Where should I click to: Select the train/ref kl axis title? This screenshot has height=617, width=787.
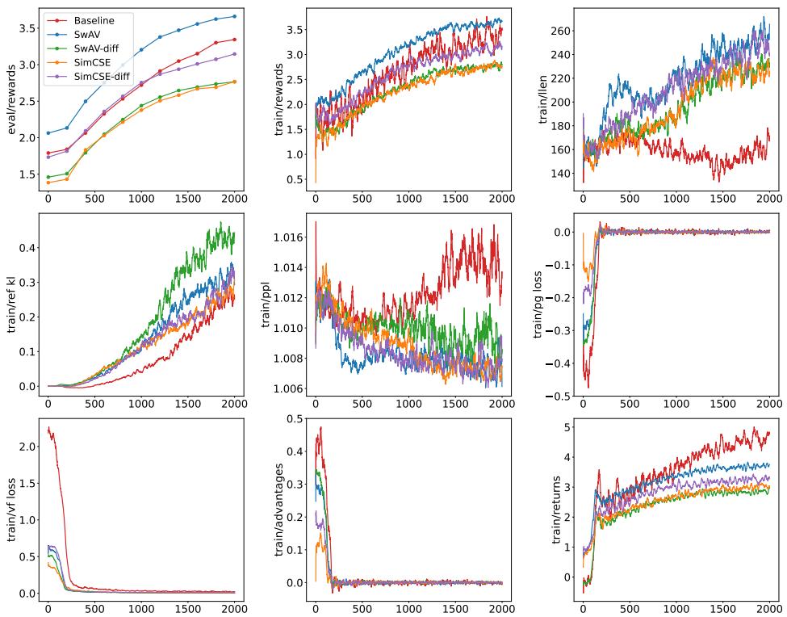pyautogui.click(x=11, y=304)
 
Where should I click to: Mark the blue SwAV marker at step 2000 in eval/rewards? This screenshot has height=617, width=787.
pyautogui.click(x=234, y=16)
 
